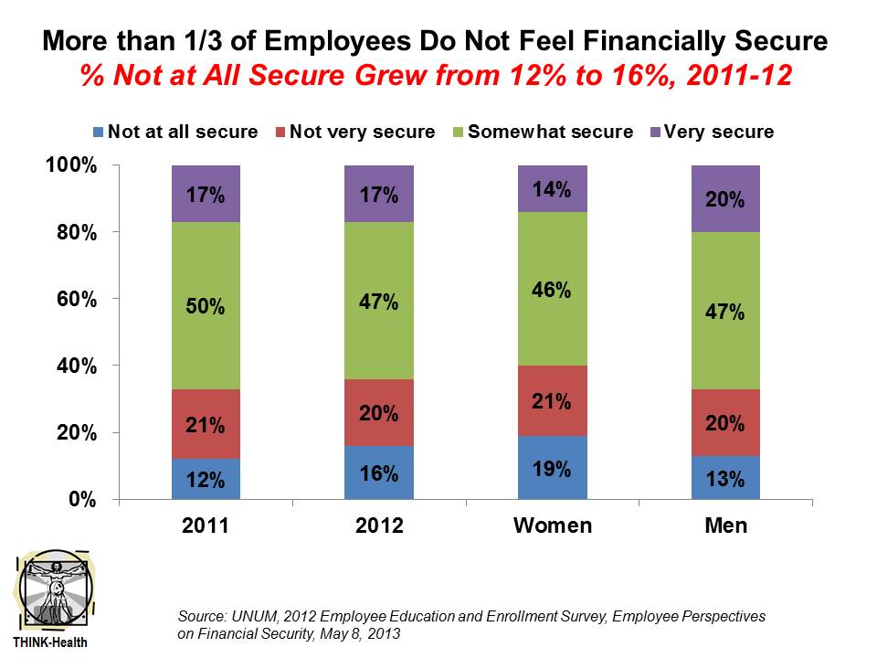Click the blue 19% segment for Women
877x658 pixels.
pyautogui.click(x=553, y=467)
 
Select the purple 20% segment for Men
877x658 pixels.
pyautogui.click(x=726, y=199)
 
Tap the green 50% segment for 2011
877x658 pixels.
pyautogui.click(x=206, y=305)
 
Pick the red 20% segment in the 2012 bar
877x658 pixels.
pyautogui.click(x=379, y=412)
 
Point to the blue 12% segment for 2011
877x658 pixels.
pyautogui.click(x=206, y=478)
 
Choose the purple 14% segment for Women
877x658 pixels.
pyautogui.click(x=553, y=189)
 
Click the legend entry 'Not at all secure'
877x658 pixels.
pyautogui.click(x=175, y=132)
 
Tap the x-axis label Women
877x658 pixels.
pyautogui.click(x=553, y=525)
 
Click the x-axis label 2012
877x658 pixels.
pyautogui.click(x=379, y=525)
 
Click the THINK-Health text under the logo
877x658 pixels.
pyautogui.click(x=51, y=642)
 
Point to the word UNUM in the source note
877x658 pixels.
pyautogui.click(x=253, y=617)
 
